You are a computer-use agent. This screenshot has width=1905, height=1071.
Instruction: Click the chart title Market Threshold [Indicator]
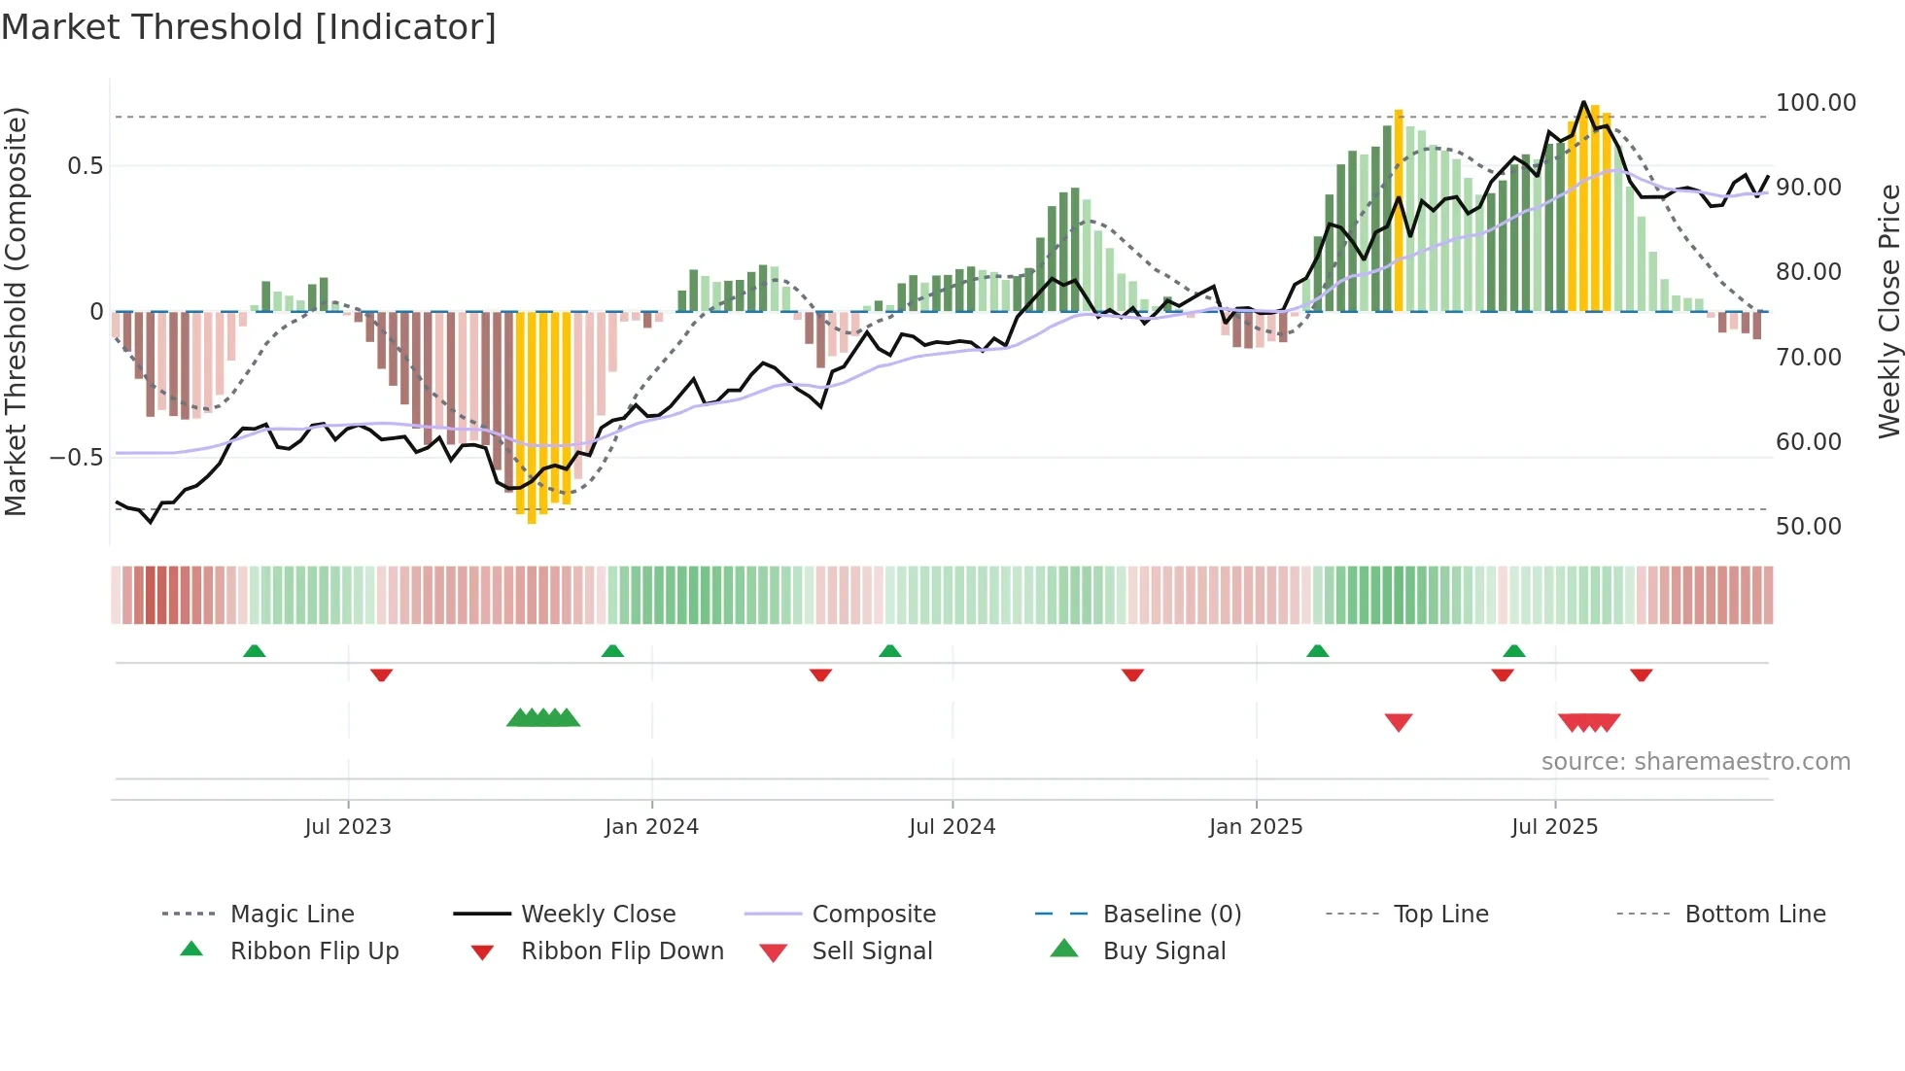pos(249,27)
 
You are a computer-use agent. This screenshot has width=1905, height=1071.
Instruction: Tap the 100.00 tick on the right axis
pos(1815,103)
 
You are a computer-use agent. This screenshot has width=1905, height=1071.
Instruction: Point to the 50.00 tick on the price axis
pos(1808,527)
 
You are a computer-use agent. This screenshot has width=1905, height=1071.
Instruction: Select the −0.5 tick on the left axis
pos(77,458)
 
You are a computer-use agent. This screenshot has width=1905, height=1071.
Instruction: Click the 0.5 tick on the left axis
pos(85,166)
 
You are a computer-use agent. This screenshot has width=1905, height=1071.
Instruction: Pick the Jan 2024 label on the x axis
pos(651,827)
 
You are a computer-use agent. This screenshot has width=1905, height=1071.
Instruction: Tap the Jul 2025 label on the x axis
pos(1554,827)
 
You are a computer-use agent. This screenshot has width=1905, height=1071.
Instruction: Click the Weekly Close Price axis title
pos(1888,311)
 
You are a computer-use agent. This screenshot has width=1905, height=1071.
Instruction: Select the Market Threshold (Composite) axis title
pos(16,311)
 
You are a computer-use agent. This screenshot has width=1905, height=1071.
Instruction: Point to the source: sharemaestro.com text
pos(1695,762)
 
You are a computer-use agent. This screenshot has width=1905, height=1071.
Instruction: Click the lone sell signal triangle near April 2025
pos(1398,722)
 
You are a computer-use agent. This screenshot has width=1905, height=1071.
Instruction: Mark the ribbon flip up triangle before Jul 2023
pos(254,651)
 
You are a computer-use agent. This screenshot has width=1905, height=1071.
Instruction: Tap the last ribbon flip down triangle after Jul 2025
pos(1641,674)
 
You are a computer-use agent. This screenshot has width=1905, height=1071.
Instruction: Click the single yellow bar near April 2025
pos(1399,210)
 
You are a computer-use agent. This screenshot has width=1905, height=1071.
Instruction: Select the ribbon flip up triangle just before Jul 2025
pos(1513,651)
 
